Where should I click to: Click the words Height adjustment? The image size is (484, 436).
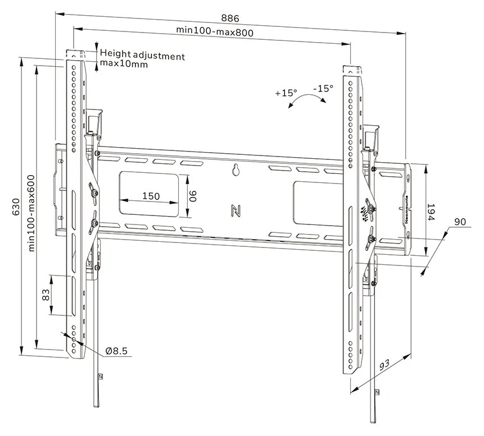coord(142,56)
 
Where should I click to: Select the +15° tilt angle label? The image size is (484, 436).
coord(286,93)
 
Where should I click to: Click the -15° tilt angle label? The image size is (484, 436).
coord(323,88)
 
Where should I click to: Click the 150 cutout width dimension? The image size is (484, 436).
coord(150,196)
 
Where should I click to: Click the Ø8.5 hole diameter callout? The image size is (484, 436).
coord(117,351)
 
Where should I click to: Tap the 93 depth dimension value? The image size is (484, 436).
coord(385,365)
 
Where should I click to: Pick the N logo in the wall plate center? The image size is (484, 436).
coord(236,211)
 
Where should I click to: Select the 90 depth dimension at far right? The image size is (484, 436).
coord(460,222)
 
